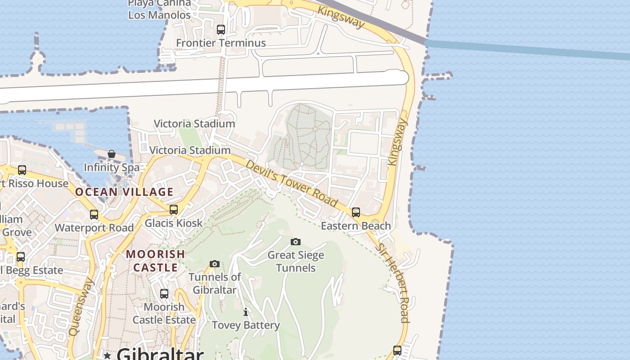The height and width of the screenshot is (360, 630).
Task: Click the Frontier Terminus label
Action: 220,43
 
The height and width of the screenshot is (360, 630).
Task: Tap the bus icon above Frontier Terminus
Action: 220,30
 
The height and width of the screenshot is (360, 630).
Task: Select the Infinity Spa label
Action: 112,168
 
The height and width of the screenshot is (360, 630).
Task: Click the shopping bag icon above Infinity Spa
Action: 112,154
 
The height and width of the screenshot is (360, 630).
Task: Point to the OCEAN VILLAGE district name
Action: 124,192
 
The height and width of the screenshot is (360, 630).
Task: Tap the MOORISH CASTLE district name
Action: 155,261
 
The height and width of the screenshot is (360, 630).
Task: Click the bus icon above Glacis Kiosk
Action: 173,210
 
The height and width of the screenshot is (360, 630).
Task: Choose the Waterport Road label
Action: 94,228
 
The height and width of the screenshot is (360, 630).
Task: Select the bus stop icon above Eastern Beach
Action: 356,212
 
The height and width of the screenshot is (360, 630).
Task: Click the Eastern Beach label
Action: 355,226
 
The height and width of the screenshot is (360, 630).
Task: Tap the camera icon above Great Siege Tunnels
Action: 295,242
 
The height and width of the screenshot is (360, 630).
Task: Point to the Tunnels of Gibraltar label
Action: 215,283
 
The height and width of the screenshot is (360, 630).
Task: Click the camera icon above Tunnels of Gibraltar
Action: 215,264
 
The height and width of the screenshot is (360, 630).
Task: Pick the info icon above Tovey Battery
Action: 246,312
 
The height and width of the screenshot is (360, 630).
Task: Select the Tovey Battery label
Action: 246,325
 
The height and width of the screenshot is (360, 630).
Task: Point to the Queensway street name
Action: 81,307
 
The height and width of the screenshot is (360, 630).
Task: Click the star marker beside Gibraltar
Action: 107,356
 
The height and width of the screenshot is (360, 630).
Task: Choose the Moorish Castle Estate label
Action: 164,313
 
